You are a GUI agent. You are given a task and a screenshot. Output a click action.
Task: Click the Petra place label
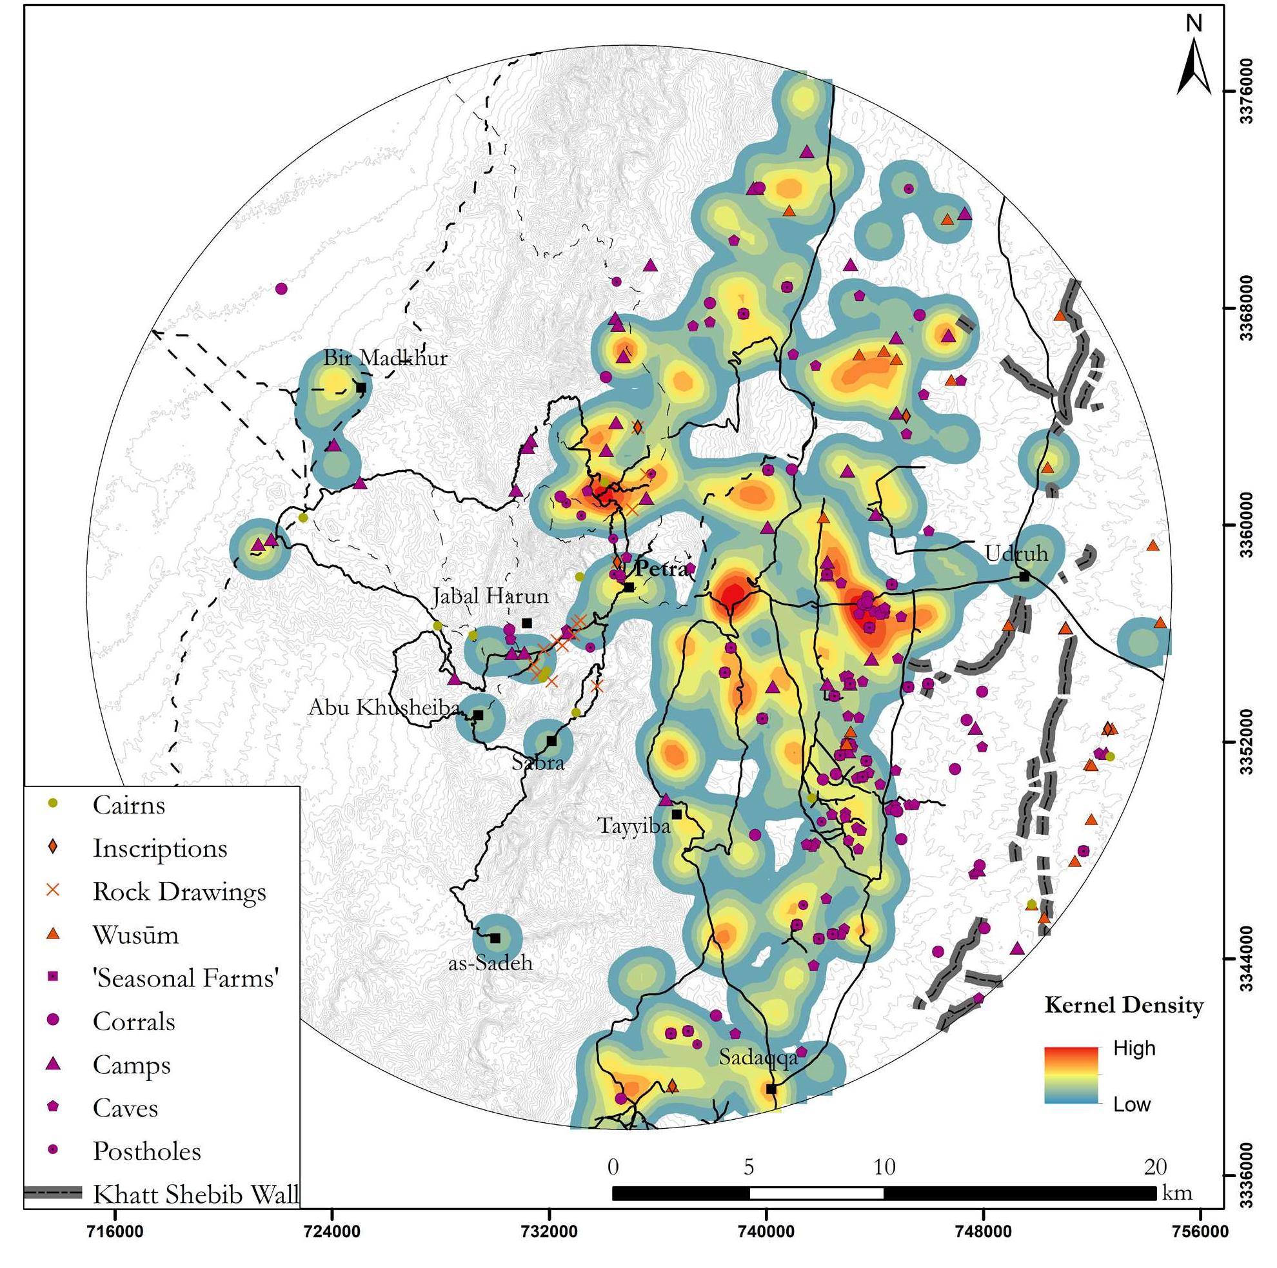tap(662, 569)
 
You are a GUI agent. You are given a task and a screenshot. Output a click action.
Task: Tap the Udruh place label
tap(1016, 553)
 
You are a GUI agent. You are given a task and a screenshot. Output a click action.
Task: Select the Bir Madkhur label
tap(384, 358)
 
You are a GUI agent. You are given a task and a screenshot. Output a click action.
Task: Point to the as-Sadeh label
tap(490, 962)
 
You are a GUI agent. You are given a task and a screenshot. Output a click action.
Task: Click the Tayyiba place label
tap(634, 826)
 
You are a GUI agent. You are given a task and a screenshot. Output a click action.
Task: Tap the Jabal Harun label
tap(490, 596)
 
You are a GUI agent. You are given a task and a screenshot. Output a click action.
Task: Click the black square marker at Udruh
tap(1024, 576)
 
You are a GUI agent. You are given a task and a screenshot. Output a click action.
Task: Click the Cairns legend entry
tap(128, 805)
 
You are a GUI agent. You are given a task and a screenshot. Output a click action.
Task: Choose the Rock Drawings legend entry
tap(179, 892)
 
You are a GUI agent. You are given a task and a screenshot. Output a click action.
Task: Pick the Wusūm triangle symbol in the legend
tap(54, 933)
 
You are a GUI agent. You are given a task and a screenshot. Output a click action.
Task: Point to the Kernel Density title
tap(1124, 1006)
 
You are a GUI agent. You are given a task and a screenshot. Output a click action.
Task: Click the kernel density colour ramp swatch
tap(1071, 1075)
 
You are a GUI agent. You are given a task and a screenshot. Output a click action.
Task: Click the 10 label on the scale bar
tap(884, 1167)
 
